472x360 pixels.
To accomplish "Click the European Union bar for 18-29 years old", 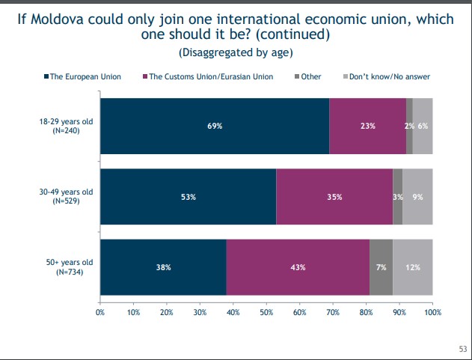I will tap(214, 126).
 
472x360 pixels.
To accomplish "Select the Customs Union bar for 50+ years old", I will tap(298, 267).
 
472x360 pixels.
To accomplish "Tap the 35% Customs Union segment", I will tap(334, 197).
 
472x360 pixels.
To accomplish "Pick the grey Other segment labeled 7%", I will tap(381, 267).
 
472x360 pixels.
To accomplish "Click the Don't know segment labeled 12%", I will tap(413, 267).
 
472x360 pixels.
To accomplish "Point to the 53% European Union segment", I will tap(188, 197).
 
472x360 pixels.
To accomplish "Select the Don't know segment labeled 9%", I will tap(418, 197).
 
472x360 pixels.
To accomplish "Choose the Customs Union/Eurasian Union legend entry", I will tap(208, 76).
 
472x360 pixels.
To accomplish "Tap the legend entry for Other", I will tap(306, 76).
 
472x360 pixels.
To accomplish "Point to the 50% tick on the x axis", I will tap(266, 311).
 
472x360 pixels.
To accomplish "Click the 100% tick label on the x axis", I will tap(432, 311).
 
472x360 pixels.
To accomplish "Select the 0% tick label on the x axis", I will tap(100, 311).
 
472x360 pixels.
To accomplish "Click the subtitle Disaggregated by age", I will tap(236, 52).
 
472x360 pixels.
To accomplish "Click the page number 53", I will tap(462, 349).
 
